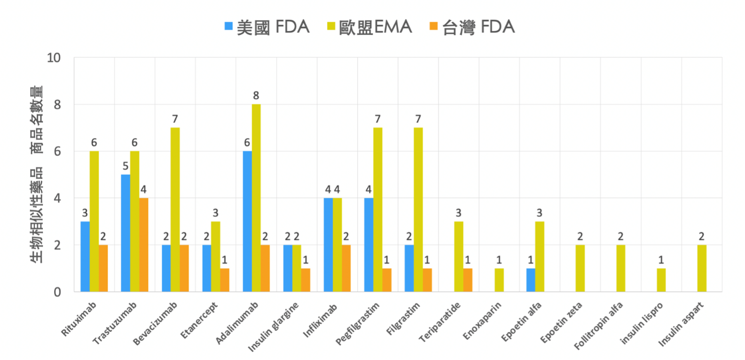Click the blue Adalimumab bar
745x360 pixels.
coord(247,221)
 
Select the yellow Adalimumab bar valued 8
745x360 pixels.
coord(256,197)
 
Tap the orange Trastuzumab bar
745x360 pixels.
coord(144,244)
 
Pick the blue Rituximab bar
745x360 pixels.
coord(85,256)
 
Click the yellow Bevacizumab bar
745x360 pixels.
coord(175,209)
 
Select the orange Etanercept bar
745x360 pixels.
coord(225,280)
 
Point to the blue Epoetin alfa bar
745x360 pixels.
coord(531,280)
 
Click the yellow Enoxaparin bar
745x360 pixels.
coord(499,280)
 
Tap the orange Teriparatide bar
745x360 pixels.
coord(468,280)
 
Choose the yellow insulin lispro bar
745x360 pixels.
coord(661,280)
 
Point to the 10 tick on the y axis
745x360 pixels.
coord(54,58)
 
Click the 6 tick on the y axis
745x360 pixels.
coord(57,151)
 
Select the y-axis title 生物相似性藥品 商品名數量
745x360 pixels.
coord(37,174)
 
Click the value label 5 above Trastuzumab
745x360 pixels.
coord(125,166)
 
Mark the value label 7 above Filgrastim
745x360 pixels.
coord(418,119)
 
